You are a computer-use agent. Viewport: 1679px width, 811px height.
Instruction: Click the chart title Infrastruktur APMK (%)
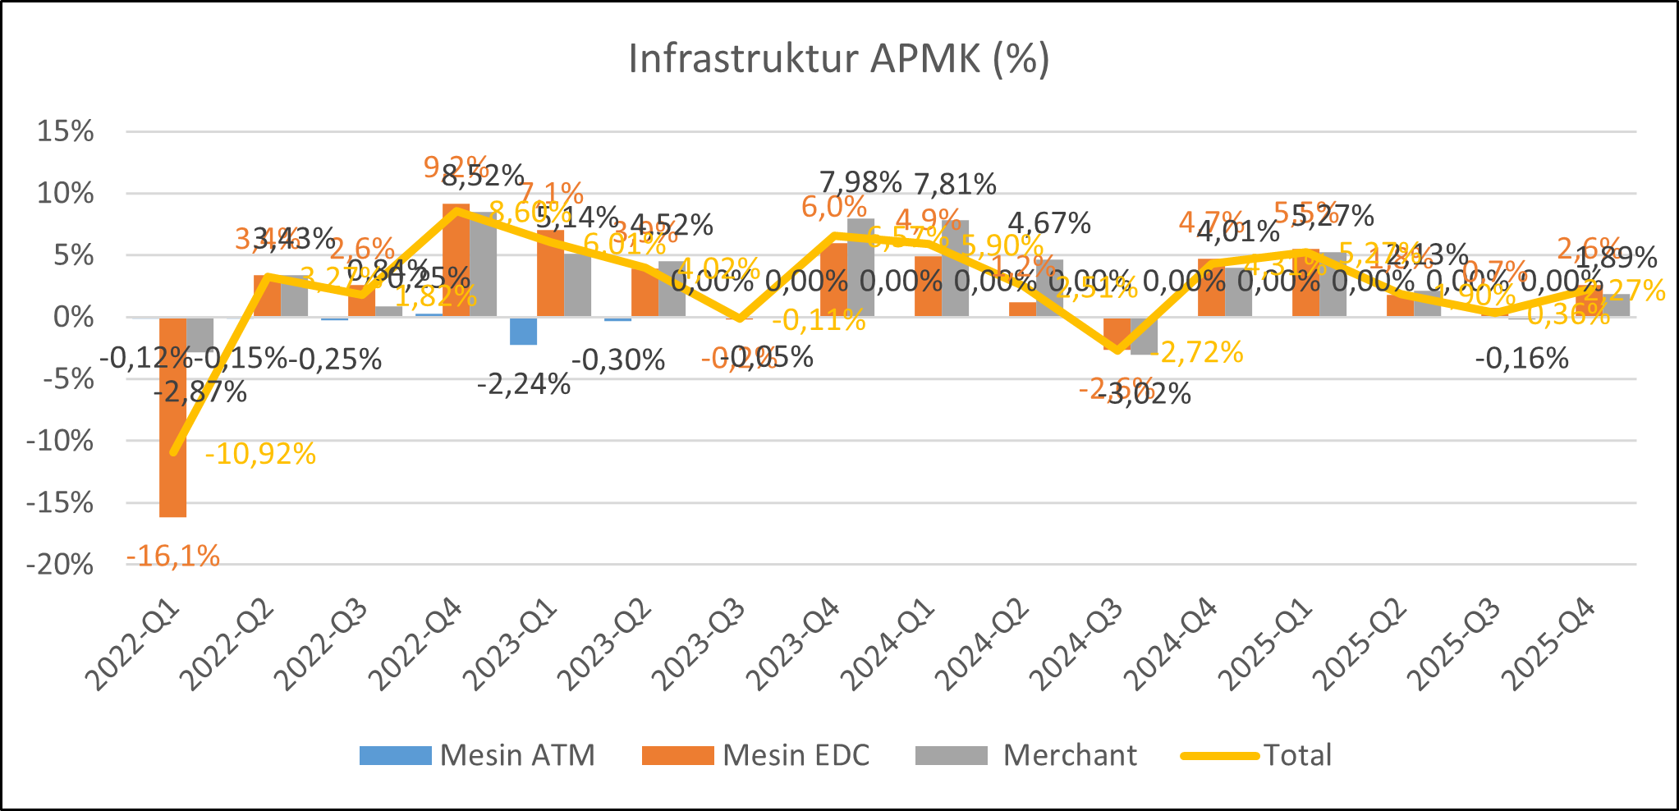[839, 59]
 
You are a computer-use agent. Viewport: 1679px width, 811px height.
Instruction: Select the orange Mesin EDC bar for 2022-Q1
[172, 417]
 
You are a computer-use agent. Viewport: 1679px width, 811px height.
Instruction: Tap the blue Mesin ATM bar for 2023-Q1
[523, 331]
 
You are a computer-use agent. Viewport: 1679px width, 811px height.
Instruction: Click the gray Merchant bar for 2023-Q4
[860, 268]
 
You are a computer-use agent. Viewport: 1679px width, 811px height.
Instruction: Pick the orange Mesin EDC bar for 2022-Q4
[456, 260]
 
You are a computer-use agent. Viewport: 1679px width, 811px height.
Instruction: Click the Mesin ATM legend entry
[477, 755]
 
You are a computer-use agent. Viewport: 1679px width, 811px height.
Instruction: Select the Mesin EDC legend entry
[756, 755]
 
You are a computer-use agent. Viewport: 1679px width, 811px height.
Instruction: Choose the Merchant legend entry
[1026, 755]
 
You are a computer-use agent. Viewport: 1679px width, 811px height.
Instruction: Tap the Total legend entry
[1257, 755]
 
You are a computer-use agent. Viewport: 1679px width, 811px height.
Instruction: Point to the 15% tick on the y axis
[65, 131]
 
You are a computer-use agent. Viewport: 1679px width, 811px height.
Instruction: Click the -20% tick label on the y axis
[60, 565]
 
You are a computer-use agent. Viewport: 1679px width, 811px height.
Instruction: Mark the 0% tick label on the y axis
[73, 317]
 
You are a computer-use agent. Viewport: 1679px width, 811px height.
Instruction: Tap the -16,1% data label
[173, 557]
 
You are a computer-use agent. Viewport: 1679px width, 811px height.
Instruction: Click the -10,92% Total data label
[260, 454]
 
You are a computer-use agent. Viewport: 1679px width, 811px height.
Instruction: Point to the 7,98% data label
[860, 182]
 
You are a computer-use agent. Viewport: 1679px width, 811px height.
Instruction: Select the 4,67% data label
[1049, 222]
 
